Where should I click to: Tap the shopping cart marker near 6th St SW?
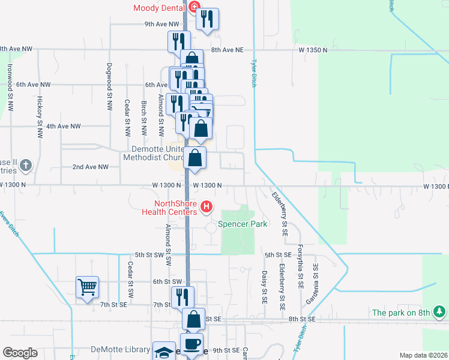click(x=87, y=287)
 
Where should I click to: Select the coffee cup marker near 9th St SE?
click(x=191, y=344)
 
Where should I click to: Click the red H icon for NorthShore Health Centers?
click(x=206, y=208)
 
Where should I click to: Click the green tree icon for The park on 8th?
click(x=440, y=311)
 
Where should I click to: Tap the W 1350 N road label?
click(x=313, y=51)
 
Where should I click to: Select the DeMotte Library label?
click(x=120, y=349)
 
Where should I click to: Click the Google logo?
click(x=20, y=353)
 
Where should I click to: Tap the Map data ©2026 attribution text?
click(x=423, y=355)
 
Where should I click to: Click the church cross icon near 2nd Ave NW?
click(x=25, y=164)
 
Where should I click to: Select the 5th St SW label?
click(x=149, y=254)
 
